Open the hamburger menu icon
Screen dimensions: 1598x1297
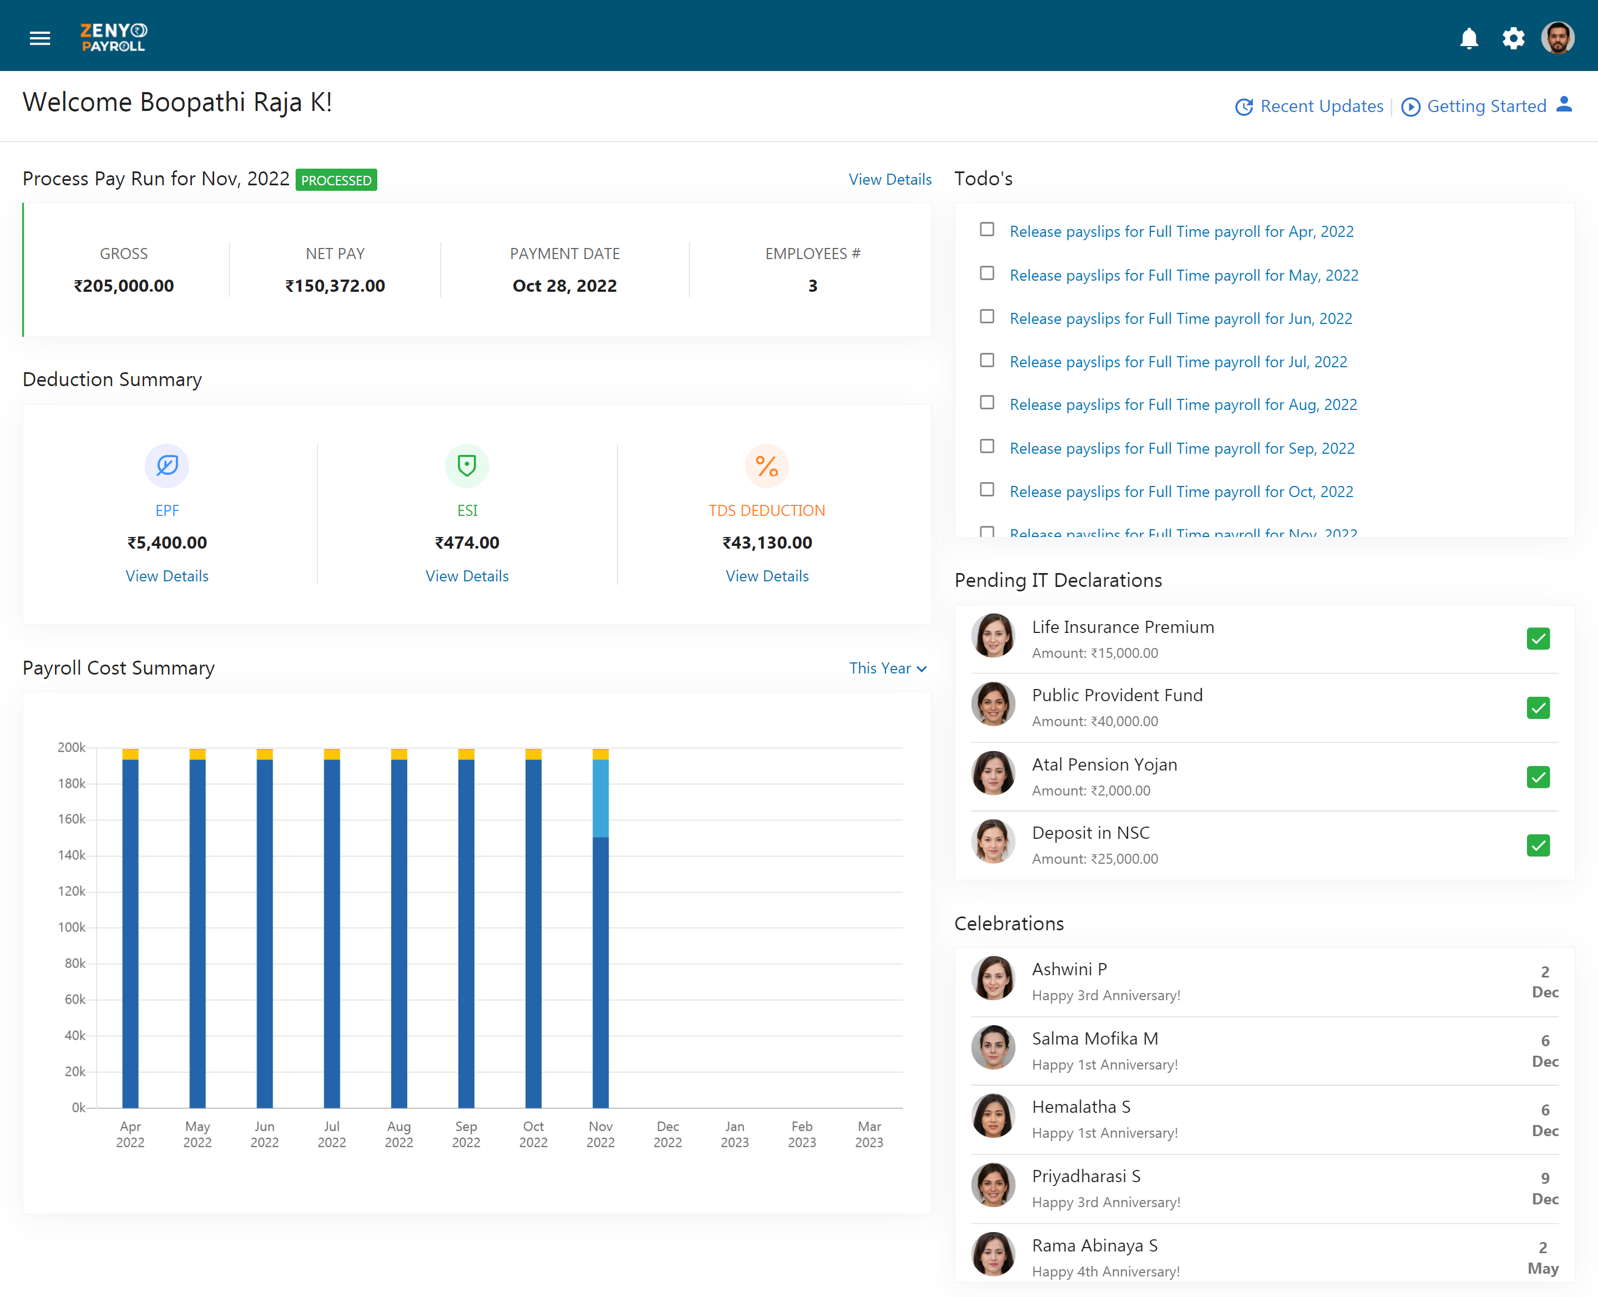[x=39, y=38]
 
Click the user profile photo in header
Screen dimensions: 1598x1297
[x=1557, y=37]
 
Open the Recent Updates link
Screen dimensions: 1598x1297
[x=1309, y=106]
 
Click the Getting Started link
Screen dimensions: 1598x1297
[x=1473, y=106]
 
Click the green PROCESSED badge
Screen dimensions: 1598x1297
[x=336, y=180]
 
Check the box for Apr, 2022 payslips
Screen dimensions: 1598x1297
[x=987, y=229]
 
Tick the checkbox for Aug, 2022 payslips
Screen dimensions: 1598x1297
[x=987, y=403]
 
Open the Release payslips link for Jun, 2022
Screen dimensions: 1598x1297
[x=1180, y=318]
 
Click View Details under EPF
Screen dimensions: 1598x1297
[x=166, y=576]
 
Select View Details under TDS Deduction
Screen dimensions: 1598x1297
[x=767, y=576]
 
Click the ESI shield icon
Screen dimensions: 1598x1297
[x=467, y=465]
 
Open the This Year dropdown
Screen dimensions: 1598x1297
[x=888, y=668]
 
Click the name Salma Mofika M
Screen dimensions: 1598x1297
[x=1095, y=1038]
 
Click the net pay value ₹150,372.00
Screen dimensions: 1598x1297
[x=335, y=286]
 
